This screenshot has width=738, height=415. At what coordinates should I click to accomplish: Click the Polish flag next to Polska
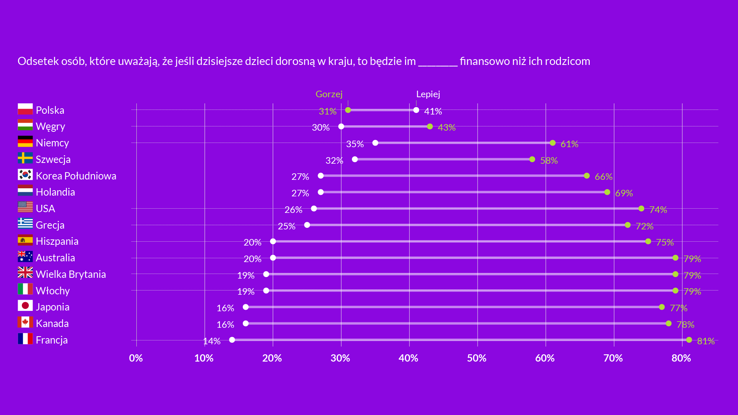(25, 109)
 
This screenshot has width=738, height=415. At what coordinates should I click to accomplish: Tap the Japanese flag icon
(25, 305)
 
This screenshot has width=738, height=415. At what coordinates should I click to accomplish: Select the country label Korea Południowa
(76, 176)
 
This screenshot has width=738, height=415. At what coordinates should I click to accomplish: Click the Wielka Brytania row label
(71, 274)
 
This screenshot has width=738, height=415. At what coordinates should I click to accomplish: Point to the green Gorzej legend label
(329, 94)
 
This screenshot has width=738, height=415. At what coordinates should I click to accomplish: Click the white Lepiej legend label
(428, 94)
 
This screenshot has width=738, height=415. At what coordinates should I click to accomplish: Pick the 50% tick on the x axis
(476, 358)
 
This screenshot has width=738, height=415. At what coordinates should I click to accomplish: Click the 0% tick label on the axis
(136, 358)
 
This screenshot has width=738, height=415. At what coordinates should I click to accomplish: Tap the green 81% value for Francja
(706, 341)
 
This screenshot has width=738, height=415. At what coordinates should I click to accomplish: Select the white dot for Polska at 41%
(416, 110)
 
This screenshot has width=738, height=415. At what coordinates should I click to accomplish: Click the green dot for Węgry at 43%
(430, 126)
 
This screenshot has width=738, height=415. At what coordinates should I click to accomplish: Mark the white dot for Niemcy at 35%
(375, 143)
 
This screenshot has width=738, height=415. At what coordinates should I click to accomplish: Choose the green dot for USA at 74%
(641, 209)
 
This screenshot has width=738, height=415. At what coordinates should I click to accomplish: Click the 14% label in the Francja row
(212, 341)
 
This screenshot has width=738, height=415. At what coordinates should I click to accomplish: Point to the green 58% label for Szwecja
(549, 161)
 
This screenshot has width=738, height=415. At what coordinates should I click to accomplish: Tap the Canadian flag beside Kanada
(25, 322)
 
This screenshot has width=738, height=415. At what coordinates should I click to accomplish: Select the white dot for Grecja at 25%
(307, 225)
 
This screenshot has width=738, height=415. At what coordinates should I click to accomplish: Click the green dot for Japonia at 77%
(662, 307)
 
